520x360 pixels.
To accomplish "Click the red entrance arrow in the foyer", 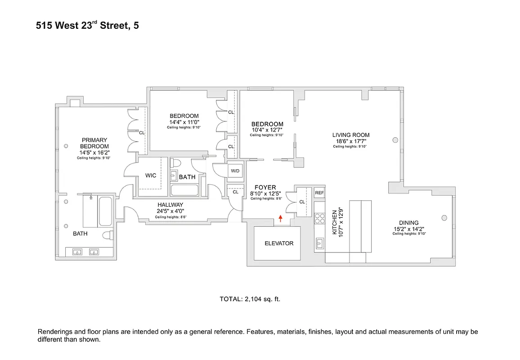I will click(x=281, y=219).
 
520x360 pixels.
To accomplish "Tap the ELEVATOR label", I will click(x=279, y=243).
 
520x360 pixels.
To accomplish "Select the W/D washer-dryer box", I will click(x=235, y=171).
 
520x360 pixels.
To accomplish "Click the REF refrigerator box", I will click(x=319, y=193).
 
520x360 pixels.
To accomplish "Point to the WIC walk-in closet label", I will click(x=151, y=175).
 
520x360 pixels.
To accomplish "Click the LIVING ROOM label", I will click(x=351, y=135).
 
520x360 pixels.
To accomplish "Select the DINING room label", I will click(x=408, y=223).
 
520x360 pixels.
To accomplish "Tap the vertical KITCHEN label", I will click(x=335, y=222).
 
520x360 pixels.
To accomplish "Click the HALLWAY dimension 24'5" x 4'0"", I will click(x=170, y=211).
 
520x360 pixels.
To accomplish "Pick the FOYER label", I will click(x=265, y=188).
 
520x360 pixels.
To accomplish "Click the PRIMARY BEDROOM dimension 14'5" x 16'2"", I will click(x=94, y=153).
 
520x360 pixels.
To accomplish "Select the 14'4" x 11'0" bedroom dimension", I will click(x=184, y=122).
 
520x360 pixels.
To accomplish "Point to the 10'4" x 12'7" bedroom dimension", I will click(x=267, y=130).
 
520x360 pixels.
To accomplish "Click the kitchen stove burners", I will click(x=319, y=219).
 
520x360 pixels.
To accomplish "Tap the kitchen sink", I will click(x=319, y=244).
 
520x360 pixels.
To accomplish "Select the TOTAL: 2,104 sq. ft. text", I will click(x=250, y=299).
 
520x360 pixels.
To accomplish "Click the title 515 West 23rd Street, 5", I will click(x=87, y=26).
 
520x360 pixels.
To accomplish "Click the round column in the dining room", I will click(x=444, y=218).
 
